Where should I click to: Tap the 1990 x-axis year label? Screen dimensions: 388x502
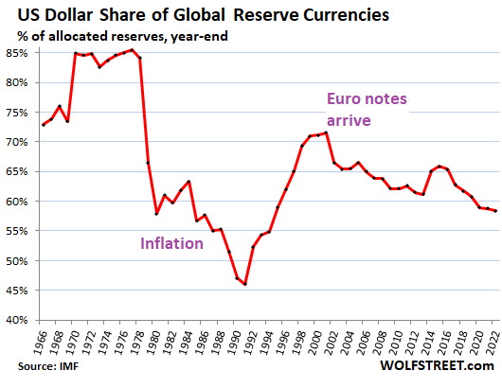click(233, 341)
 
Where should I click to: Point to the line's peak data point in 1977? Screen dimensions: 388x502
click(132, 50)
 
